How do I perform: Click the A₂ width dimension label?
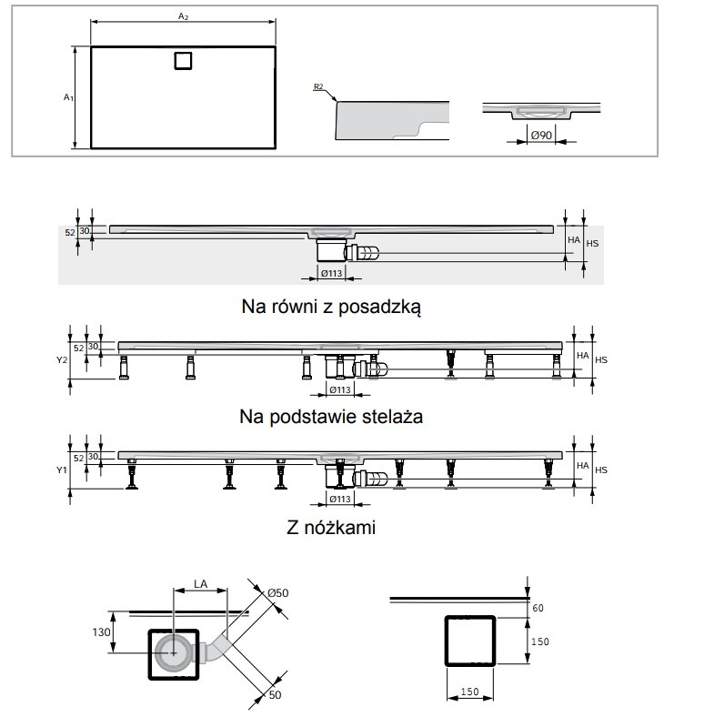coord(183,15)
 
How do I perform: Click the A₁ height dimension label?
coord(67,96)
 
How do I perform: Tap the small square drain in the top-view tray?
coord(183,60)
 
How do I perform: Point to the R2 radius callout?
coord(318,87)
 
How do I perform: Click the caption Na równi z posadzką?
coord(331,307)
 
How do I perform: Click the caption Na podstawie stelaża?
coord(331,417)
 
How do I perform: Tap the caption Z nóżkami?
coord(331,527)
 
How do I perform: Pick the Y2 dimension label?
coord(62,360)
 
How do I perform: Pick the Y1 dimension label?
coord(62,470)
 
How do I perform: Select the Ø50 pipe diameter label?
coord(277,592)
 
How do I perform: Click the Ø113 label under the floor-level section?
coord(331,274)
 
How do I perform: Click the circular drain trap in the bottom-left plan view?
coord(170,651)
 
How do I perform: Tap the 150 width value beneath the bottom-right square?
coord(468,692)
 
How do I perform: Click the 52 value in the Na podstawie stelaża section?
coord(78,348)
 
